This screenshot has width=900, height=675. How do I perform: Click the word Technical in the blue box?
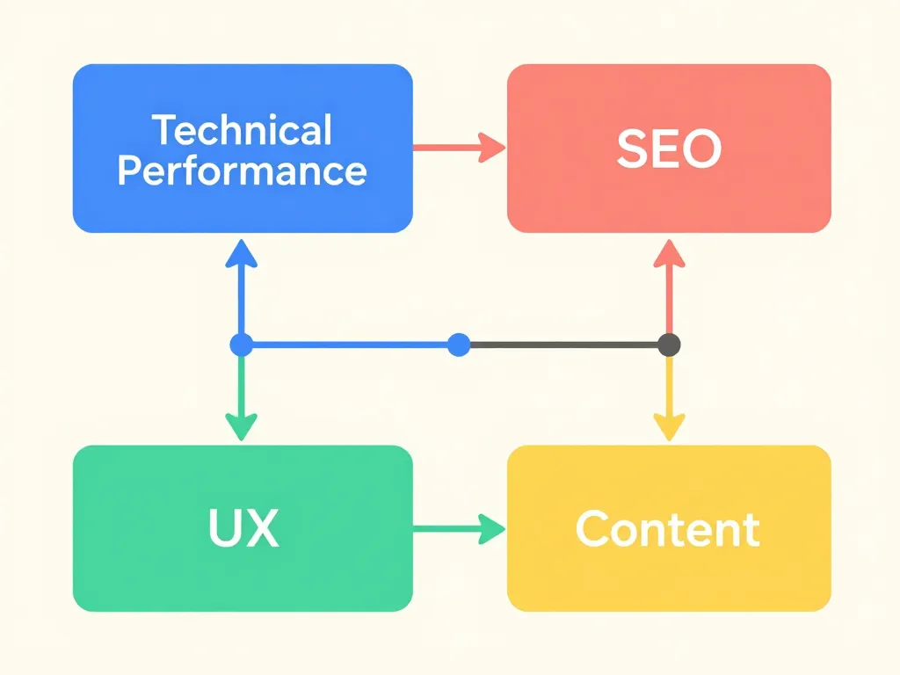243,130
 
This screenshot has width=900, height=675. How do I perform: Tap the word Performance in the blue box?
243,170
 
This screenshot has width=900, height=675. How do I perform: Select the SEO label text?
669,149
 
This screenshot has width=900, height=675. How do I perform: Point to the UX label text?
243,528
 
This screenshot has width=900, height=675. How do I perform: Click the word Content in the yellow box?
668,529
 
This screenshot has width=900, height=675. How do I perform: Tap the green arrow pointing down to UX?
241,396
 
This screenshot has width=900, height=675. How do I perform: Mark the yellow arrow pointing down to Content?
669,396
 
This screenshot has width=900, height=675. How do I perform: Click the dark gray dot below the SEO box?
669,345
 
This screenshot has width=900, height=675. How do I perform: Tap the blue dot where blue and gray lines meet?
458,345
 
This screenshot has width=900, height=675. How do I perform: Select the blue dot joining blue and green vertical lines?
241,345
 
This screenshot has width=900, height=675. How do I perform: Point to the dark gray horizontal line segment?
562,345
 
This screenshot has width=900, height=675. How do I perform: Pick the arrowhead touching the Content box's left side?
492,528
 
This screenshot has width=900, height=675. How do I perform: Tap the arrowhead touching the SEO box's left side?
492,147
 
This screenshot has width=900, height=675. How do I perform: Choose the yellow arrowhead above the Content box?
669,427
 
